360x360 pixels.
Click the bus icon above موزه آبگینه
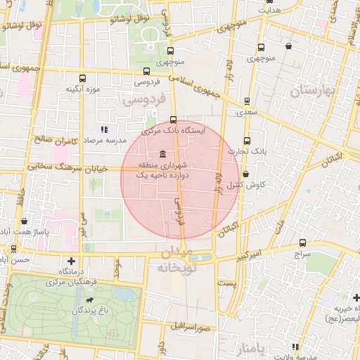click(83, 78)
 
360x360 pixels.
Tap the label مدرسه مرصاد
click(104, 141)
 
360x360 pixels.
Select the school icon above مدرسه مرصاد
click(104, 129)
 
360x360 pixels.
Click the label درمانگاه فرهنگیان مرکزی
click(70, 276)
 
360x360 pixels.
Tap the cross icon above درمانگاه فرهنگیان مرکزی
click(70, 261)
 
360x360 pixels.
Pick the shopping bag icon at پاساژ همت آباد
click(25, 221)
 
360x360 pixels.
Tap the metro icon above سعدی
click(246, 101)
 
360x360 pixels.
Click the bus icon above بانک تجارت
click(247, 140)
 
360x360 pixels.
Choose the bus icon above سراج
click(302, 241)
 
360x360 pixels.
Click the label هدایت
click(270, 11)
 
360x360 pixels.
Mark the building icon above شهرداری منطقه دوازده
click(162, 155)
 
